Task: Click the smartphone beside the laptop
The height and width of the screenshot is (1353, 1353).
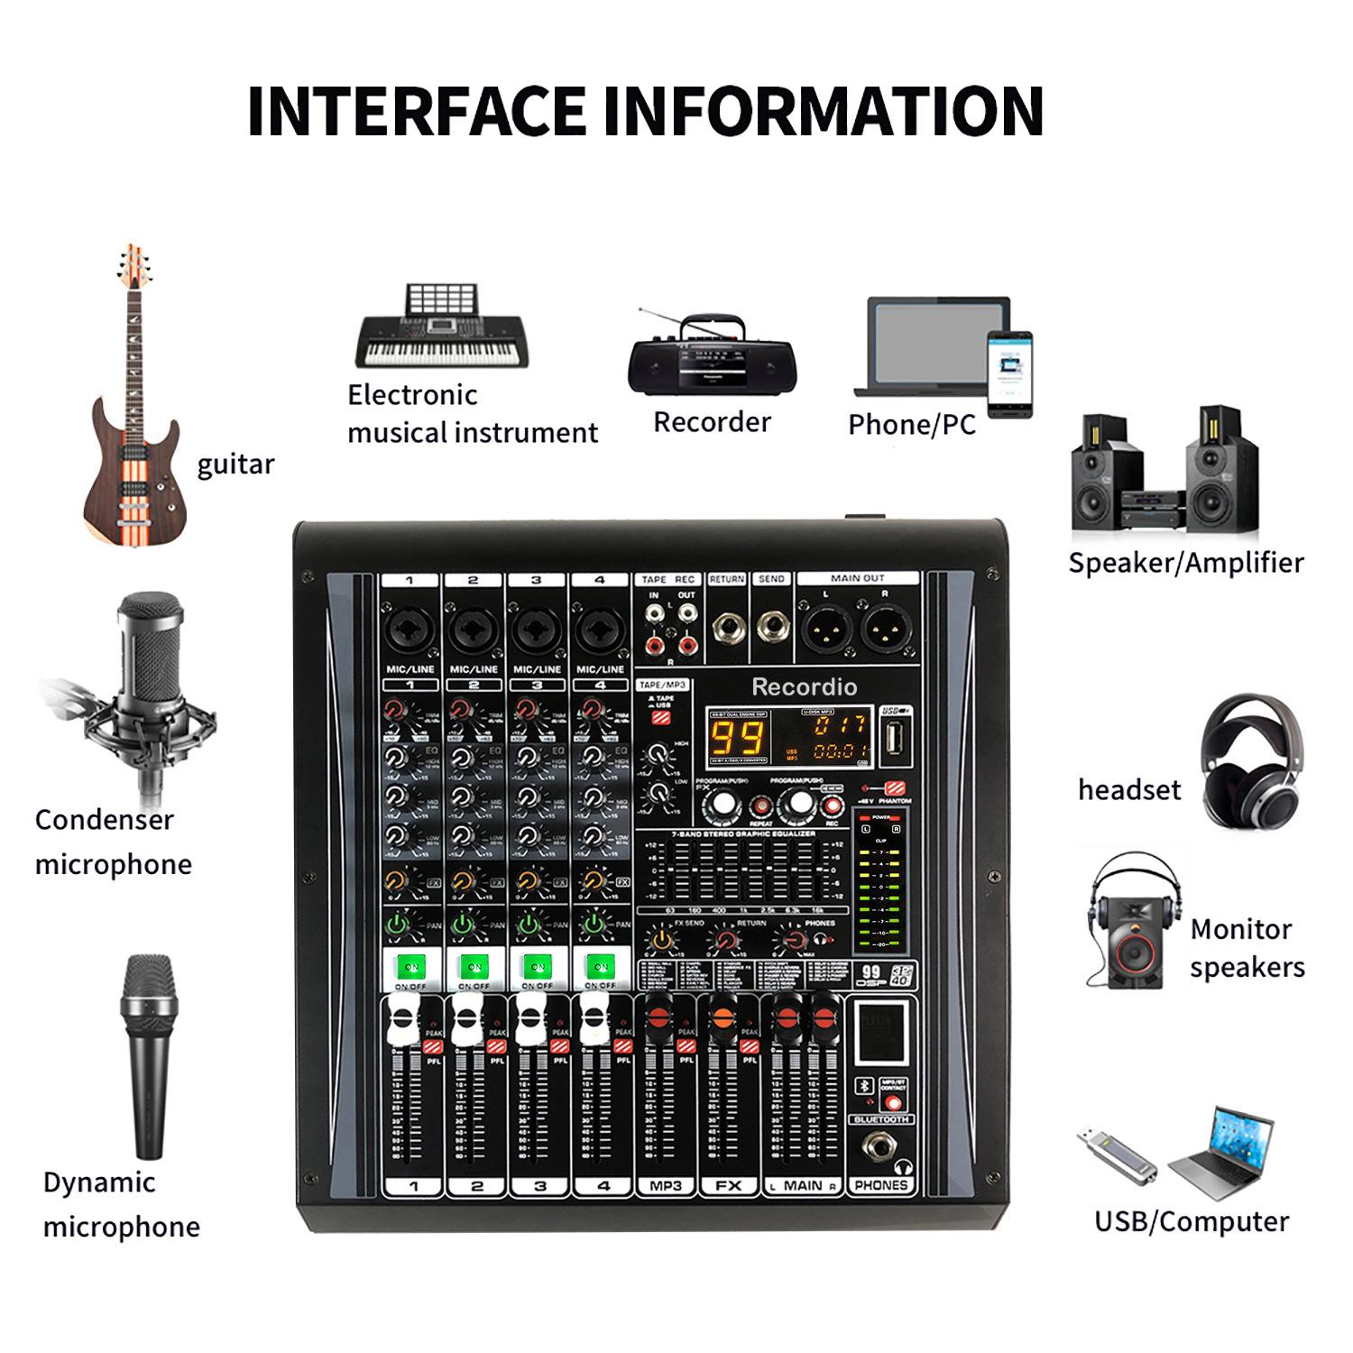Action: coord(1009,373)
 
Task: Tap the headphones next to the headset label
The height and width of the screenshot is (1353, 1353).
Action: coord(1254,763)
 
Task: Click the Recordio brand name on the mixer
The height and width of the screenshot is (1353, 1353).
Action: coord(805,687)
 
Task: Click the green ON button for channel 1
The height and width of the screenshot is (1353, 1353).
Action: coord(411,966)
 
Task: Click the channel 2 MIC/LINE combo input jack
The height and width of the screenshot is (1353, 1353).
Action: coord(473,628)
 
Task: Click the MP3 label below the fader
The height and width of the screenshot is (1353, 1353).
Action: coord(666,1186)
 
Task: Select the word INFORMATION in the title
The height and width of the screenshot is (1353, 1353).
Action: coord(822,111)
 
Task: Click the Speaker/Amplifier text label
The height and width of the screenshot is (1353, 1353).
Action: coord(1186,563)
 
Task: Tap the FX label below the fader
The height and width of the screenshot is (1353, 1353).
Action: coord(729,1186)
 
